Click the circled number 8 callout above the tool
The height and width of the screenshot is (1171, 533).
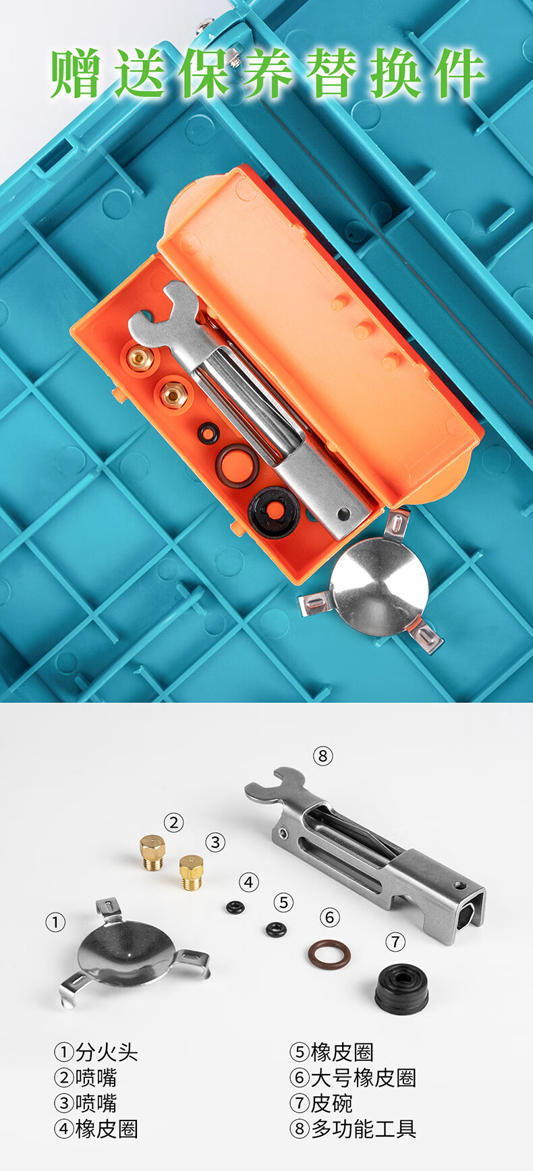point(322,756)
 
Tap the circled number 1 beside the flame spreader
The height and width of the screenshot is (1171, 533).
point(55,922)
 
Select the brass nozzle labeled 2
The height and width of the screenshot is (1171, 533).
point(152,853)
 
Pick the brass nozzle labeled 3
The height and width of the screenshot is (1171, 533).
point(191,872)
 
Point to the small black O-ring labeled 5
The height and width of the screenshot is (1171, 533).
point(275,930)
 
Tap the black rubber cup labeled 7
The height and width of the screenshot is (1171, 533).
point(401,988)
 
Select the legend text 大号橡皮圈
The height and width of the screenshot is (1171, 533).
point(363,1077)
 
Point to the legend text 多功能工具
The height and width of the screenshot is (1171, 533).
point(363,1129)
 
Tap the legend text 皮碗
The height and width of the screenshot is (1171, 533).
point(331,1103)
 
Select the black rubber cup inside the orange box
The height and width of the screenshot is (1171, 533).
point(274,512)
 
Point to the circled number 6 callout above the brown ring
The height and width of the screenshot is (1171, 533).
point(329,917)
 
